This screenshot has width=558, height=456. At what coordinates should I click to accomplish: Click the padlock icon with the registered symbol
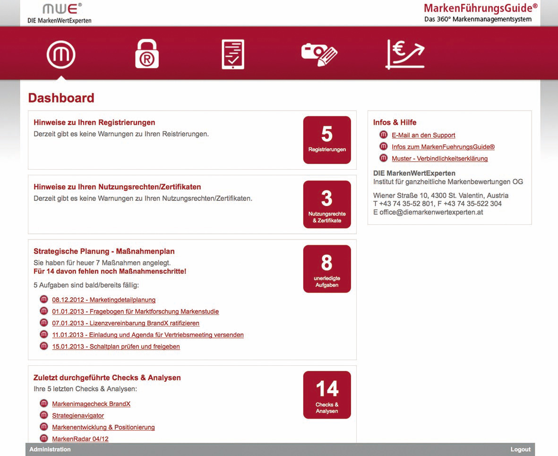[x=146, y=54]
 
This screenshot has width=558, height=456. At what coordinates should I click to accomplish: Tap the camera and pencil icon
[x=319, y=54]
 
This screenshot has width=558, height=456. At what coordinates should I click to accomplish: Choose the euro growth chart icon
[x=405, y=54]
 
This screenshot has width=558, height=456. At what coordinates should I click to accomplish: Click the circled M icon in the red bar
[x=61, y=54]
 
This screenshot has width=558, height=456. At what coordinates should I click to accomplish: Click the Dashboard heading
[x=61, y=98]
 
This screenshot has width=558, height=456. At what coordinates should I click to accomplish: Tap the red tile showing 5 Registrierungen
[x=327, y=140]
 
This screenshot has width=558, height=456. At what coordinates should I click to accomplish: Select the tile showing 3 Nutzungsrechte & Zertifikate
[x=327, y=204]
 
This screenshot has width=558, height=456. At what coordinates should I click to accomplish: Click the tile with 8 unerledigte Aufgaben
[x=327, y=268]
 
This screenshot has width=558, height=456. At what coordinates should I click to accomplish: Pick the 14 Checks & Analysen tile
[x=327, y=395]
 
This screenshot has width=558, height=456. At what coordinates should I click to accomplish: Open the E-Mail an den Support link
[x=423, y=135]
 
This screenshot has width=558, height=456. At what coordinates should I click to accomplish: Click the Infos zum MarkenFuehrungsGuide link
[x=443, y=147]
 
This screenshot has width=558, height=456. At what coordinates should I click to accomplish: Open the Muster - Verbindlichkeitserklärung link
[x=439, y=159]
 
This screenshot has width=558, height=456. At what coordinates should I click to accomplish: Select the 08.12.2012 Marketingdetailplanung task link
[x=103, y=300]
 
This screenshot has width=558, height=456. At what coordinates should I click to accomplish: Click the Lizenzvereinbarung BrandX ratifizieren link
[x=126, y=323]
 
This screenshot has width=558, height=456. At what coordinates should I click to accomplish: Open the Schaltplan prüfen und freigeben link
[x=116, y=346]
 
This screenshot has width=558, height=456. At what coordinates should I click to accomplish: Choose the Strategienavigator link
[x=78, y=416]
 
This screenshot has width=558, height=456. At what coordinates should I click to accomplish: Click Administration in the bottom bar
[x=50, y=449]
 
